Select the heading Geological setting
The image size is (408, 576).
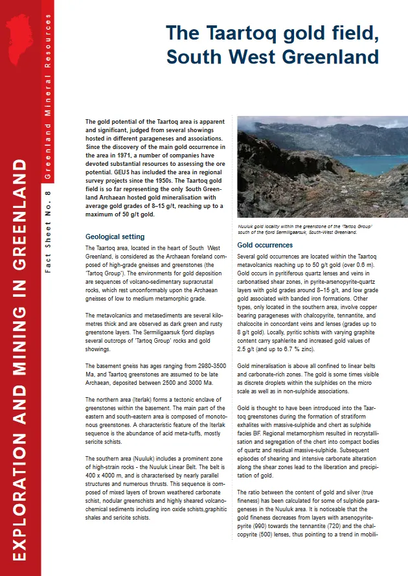tap(115, 237)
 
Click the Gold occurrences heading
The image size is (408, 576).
tap(265, 246)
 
